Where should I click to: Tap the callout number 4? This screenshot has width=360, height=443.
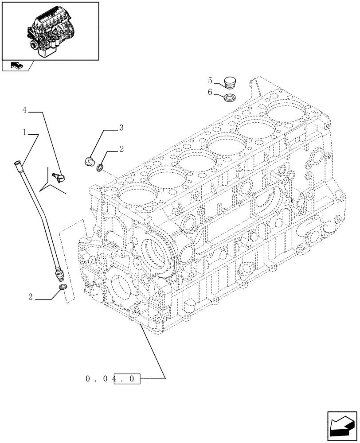[25, 109]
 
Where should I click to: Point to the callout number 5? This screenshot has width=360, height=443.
[210, 81]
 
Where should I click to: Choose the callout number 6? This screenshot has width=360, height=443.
[210, 93]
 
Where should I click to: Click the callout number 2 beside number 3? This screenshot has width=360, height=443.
[121, 149]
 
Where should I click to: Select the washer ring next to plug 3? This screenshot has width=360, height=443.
[101, 167]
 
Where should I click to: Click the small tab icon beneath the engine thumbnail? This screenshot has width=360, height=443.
[16, 66]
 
